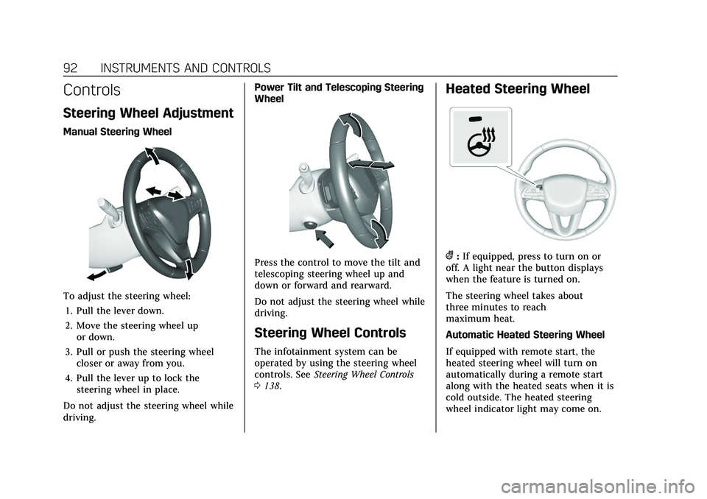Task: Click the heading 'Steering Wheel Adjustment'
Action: pos(149,114)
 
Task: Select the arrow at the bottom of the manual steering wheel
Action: pos(189,269)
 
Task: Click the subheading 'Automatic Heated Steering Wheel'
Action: pos(525,334)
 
